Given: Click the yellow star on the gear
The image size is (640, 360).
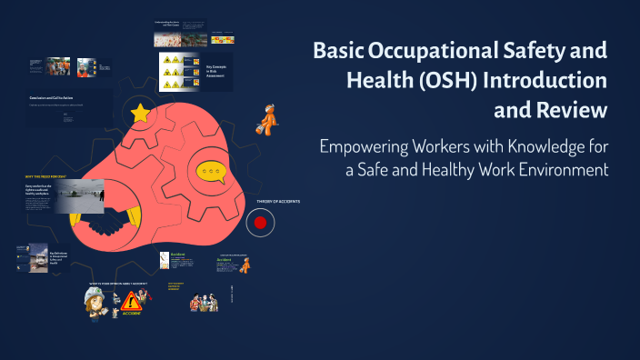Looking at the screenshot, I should point(140,113).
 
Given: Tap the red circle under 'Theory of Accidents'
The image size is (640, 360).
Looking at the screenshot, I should point(260,222).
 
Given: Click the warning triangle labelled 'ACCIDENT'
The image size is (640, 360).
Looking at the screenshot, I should point(133,302).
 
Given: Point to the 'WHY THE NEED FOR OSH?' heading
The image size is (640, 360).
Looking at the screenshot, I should point(45,176).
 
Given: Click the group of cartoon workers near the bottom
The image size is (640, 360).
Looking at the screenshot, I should point(204,301).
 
